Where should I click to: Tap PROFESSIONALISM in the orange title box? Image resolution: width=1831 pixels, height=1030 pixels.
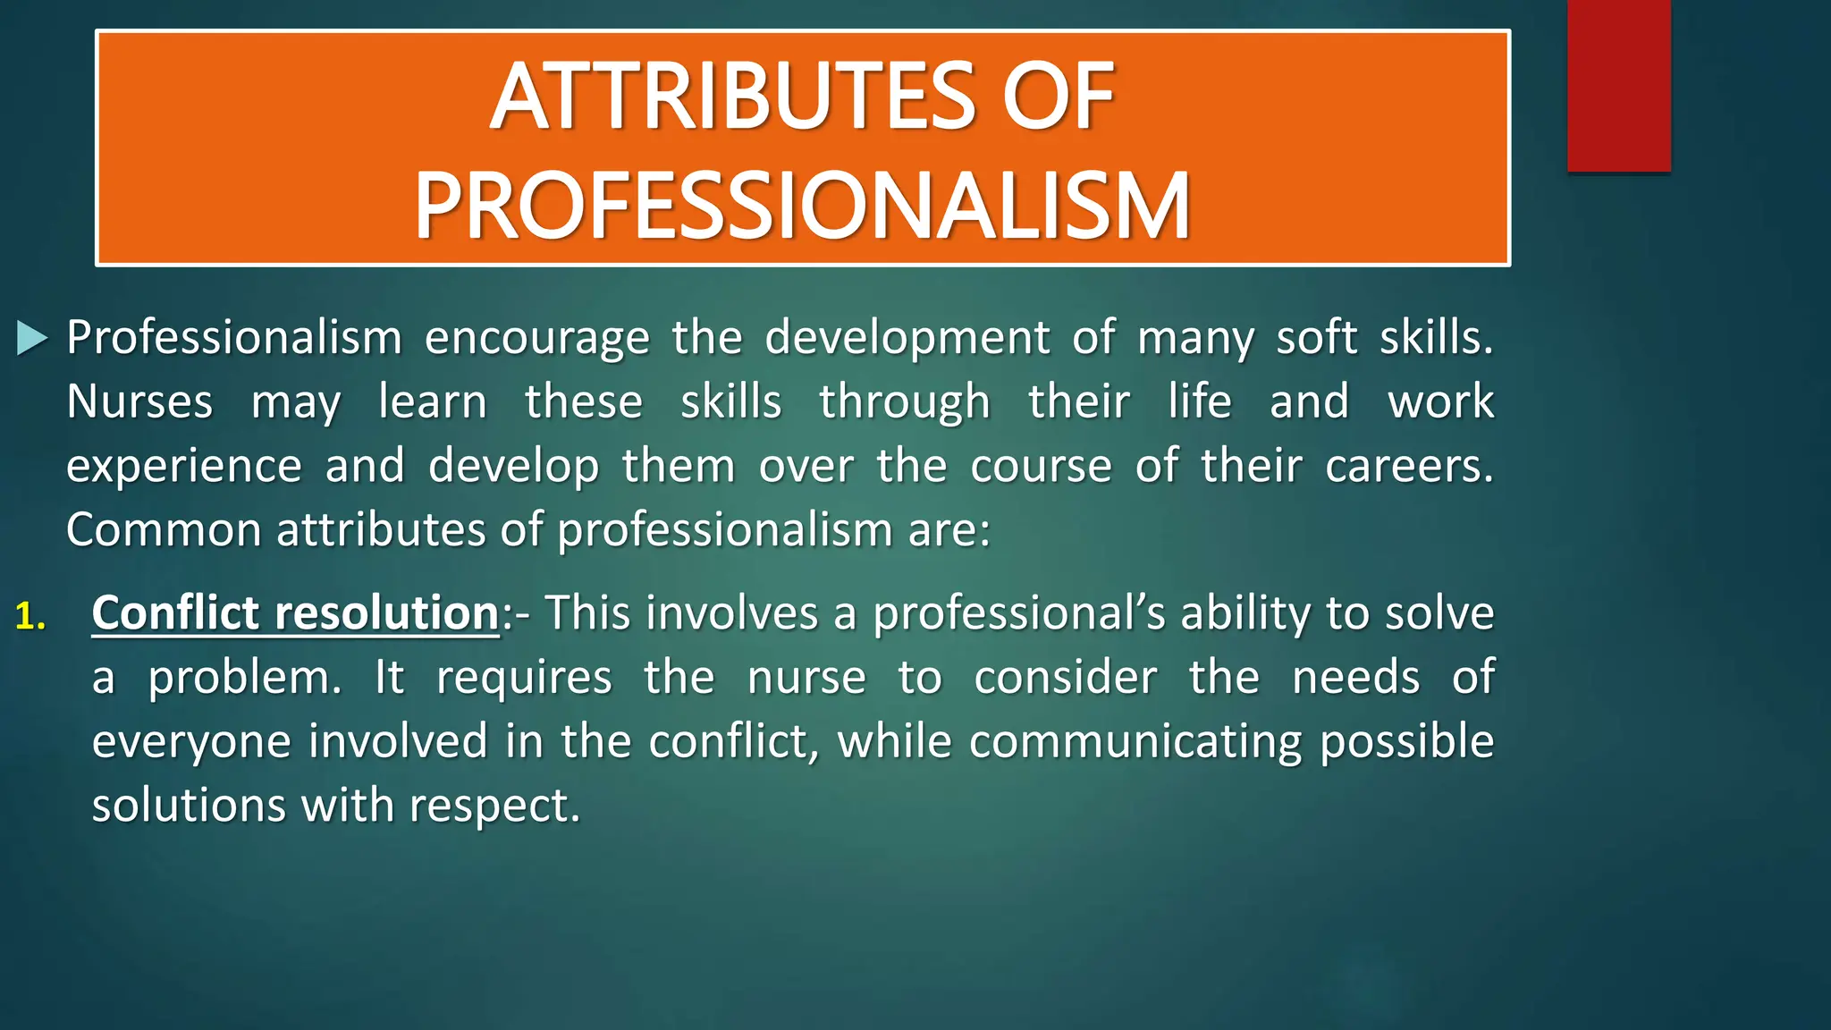coord(802,207)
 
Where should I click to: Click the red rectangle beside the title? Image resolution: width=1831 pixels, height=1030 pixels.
coord(1618,85)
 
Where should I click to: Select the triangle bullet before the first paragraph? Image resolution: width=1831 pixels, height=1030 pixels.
coord(32,339)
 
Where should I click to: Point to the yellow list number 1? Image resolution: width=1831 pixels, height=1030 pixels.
coord(30,616)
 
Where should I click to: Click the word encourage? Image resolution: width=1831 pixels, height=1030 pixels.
coord(536,339)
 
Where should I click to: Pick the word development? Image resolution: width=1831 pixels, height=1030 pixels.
coord(907,339)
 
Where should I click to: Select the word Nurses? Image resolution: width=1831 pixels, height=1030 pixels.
coord(139,402)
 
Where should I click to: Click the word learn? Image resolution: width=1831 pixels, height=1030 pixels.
coord(433,401)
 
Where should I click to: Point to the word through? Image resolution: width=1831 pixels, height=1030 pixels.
coord(905,402)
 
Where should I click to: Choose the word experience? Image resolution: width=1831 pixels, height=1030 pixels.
coord(184,467)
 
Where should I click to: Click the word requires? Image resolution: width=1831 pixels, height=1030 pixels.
coord(524,678)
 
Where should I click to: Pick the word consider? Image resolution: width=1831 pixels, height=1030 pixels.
coord(1065,678)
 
